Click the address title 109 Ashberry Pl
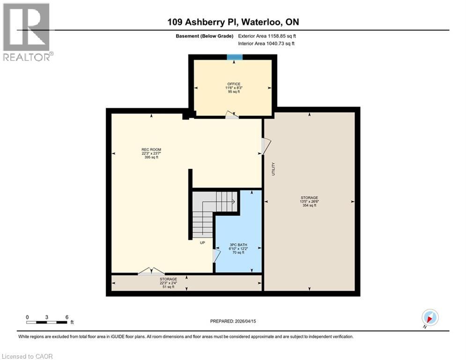click(x=232, y=22)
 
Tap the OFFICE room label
click(x=234, y=84)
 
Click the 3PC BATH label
click(x=238, y=244)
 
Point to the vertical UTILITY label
click(x=273, y=169)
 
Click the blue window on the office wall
click(x=235, y=57)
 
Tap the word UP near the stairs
click(x=203, y=243)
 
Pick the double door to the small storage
click(x=151, y=271)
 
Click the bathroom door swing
click(x=216, y=255)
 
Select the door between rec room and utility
click(x=266, y=146)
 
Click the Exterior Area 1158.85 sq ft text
click(x=267, y=36)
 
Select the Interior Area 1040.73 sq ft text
click(x=266, y=44)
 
